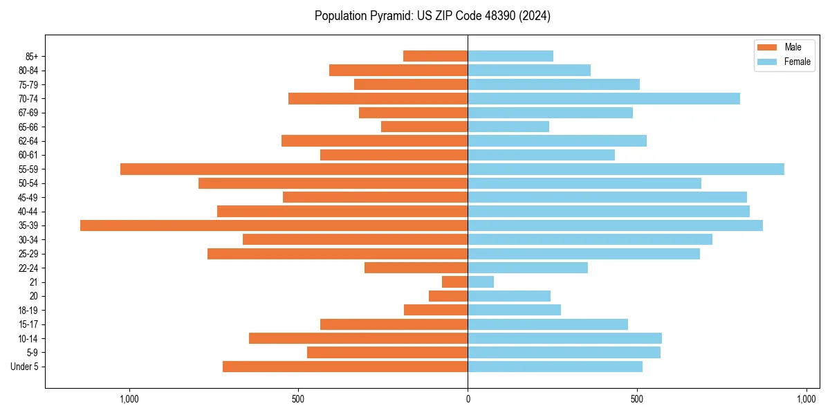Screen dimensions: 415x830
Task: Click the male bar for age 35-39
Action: pos(274,225)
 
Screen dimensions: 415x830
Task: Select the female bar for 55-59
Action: pos(626,169)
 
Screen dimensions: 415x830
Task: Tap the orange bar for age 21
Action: pos(455,282)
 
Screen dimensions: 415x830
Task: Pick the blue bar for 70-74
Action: pos(604,98)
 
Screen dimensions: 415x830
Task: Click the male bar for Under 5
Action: pos(345,367)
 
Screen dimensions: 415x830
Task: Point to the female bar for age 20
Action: pos(509,296)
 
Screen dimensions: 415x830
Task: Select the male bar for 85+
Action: pos(436,56)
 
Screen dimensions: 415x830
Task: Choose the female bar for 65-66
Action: pos(508,127)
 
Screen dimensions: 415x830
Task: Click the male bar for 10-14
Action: pos(358,338)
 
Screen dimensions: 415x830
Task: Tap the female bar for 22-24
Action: pos(528,268)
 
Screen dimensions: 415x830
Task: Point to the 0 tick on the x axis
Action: pos(468,399)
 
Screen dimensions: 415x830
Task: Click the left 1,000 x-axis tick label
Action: pos(129,399)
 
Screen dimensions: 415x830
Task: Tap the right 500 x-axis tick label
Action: pos(637,399)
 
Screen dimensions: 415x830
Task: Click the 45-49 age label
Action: pos(28,197)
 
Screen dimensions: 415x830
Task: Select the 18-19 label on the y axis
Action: pos(28,311)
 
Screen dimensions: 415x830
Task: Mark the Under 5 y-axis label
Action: pos(25,367)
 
